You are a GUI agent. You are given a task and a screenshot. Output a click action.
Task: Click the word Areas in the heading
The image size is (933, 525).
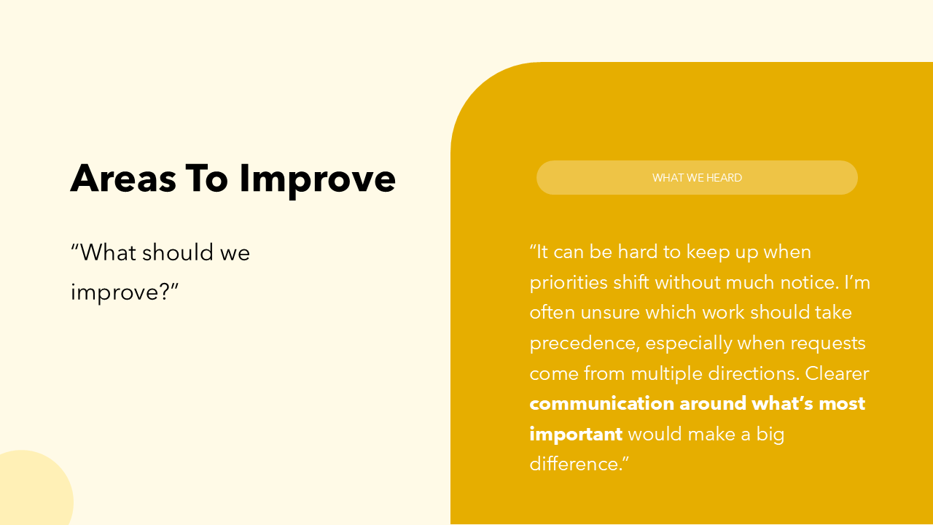click(123, 178)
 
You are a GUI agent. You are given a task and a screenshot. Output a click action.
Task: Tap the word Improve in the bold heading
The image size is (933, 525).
click(317, 179)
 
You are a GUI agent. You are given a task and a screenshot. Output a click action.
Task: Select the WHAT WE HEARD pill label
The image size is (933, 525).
click(697, 178)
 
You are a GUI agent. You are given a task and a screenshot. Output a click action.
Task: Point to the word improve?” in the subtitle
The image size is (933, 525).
click(125, 292)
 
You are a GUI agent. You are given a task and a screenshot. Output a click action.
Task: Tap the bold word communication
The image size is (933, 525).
click(601, 403)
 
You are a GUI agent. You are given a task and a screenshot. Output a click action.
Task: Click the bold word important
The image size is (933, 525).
click(576, 434)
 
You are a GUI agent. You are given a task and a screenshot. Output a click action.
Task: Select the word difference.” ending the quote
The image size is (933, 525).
click(579, 464)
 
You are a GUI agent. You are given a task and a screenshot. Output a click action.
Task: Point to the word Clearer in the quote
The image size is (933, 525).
click(837, 373)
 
